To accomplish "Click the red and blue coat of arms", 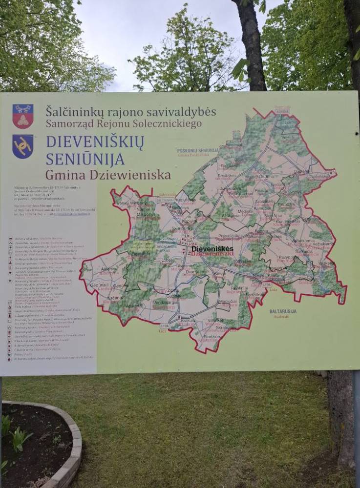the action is (23, 116).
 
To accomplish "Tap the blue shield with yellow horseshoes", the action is (23, 146).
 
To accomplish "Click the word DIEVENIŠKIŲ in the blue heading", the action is (95, 142).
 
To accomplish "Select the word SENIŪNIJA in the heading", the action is (85, 159).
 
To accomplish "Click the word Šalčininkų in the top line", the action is (73, 111).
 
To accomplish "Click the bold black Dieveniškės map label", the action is (212, 249).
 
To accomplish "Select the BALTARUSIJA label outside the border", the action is (283, 311).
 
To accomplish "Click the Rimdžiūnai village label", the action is (213, 337).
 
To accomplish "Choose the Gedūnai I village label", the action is (98, 285).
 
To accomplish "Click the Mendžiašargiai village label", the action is (165, 303).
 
